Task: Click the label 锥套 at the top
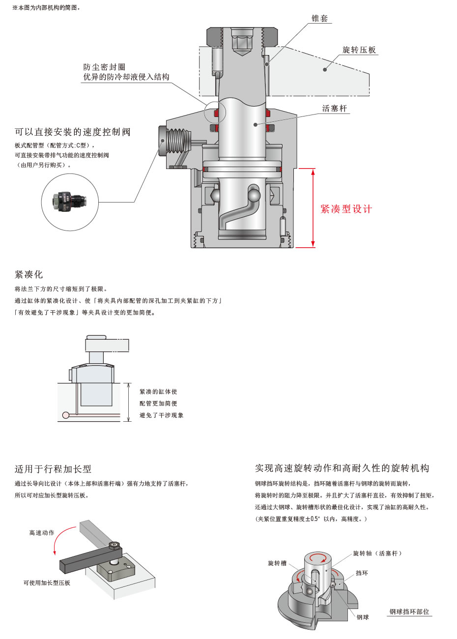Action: pos(319,19)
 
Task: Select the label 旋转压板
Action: pos(359,50)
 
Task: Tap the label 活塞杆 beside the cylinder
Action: pos(334,109)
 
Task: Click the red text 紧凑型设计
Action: pos(346,209)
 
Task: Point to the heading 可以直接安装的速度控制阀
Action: pos(73,132)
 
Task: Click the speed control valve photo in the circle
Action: pos(70,202)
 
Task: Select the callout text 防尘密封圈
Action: pos(104,67)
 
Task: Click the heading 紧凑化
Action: pos(29,274)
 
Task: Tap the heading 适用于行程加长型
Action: pos(53,469)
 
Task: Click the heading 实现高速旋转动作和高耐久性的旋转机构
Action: pos(342,468)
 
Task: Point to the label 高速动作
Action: pos(42,533)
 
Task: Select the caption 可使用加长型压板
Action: pos(47,583)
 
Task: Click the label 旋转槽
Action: pos(277,563)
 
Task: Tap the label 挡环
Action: pos(362,573)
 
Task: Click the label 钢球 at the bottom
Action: pos(363,617)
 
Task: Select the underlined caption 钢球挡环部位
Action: pos(409,611)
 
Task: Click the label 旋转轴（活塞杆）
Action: pos(377,553)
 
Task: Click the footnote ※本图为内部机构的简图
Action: pos(47,8)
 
